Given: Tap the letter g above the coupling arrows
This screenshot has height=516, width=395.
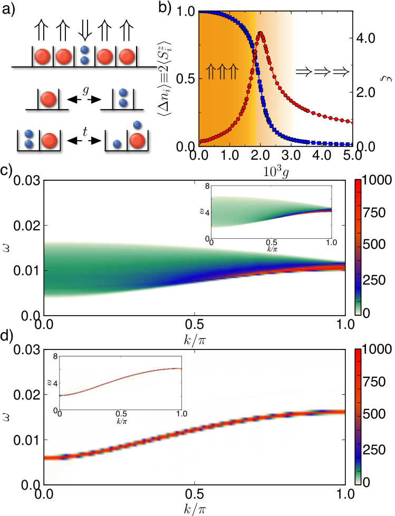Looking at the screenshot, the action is coord(85,90).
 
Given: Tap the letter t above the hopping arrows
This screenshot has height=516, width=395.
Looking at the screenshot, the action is coord(85,131).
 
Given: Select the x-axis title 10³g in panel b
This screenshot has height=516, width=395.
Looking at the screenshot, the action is coord(276,172).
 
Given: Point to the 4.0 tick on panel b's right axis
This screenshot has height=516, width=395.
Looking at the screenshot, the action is coord(365,38).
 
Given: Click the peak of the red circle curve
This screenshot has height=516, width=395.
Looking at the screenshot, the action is coord(261,33).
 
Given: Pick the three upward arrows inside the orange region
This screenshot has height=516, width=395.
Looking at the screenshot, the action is coord(221,71).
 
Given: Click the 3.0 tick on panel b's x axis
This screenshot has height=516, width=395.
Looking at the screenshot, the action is coord(291,155).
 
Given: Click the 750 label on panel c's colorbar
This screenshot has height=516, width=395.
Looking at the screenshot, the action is coord(374,213).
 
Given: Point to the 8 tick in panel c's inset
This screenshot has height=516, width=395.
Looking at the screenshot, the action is coord(207,187).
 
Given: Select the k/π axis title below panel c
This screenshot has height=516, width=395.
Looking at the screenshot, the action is coord(195,340).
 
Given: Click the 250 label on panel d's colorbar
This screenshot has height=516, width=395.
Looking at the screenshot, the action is coord(374,450).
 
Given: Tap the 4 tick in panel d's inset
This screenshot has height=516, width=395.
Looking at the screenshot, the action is coord(55,383).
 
